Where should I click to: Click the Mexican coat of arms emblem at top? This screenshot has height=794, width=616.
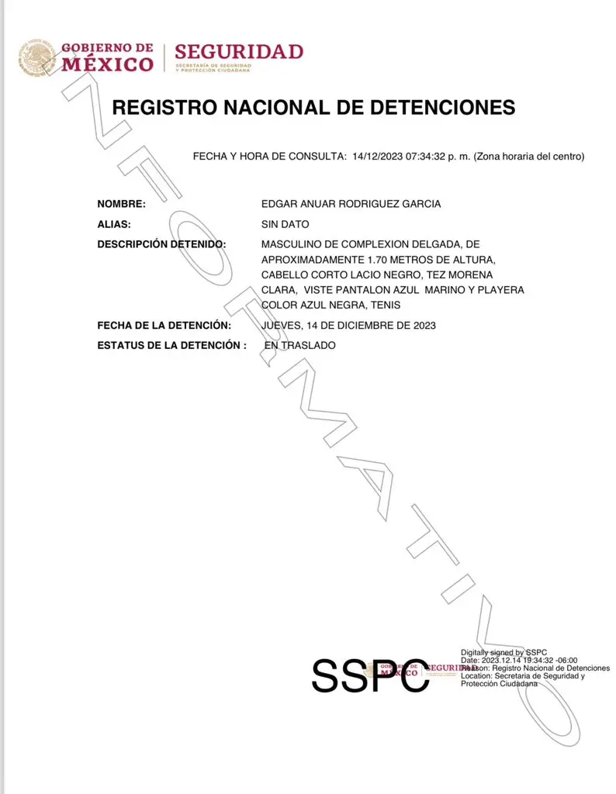pos(37,57)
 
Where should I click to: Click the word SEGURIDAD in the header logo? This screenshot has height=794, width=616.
pos(238,52)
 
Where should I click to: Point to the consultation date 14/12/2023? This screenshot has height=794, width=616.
pos(377,157)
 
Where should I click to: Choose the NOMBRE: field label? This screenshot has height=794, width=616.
pos(121,204)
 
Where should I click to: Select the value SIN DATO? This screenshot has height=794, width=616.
pos(286,224)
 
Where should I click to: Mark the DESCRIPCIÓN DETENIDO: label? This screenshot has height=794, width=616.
pos(161,244)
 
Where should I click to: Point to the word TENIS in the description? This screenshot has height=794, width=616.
pos(386,305)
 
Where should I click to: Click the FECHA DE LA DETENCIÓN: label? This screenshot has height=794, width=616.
pos(164,325)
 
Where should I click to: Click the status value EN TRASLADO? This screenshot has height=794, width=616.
pos(300,345)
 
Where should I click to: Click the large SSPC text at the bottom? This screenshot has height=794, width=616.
pos(369,676)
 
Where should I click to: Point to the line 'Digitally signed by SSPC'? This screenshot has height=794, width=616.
pos(504,652)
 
